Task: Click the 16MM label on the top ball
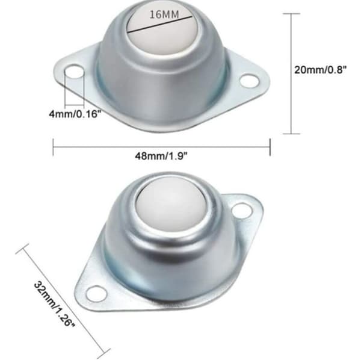coord(164,14)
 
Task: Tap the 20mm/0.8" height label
coord(321,70)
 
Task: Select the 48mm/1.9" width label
coord(161,156)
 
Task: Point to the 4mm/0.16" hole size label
coord(75,114)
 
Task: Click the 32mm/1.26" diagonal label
coord(54,304)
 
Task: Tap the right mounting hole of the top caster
coord(250,81)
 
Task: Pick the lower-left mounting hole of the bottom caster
coord(96,294)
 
